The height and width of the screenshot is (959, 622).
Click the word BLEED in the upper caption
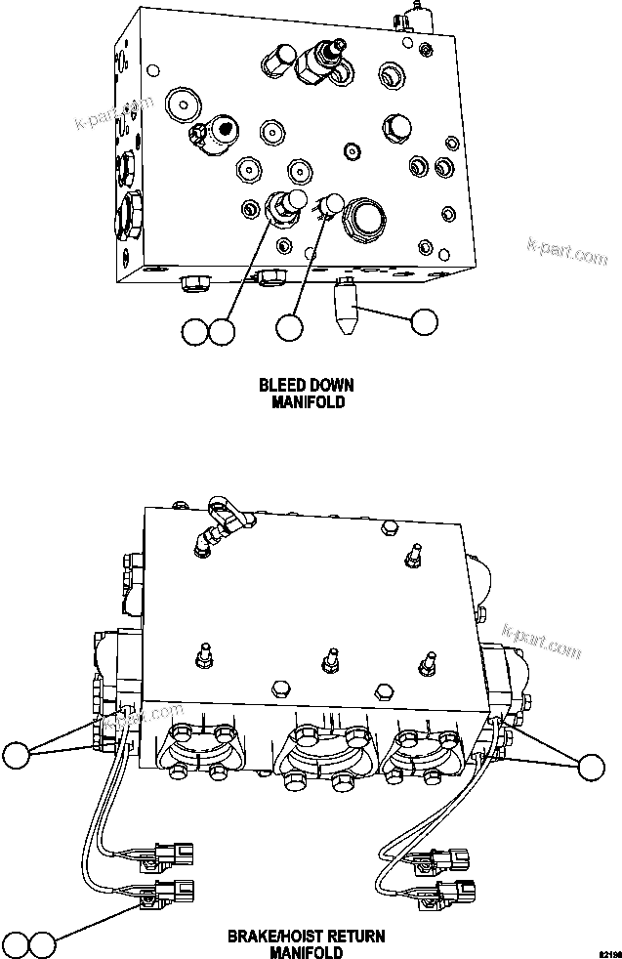[x=279, y=385]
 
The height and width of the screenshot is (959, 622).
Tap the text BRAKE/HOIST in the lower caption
[x=268, y=937]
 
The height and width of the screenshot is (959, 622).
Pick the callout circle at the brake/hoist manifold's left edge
[x=17, y=755]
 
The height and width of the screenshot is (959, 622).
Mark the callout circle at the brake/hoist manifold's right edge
[x=591, y=767]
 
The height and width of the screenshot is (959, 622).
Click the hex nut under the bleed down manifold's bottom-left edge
[x=192, y=284]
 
